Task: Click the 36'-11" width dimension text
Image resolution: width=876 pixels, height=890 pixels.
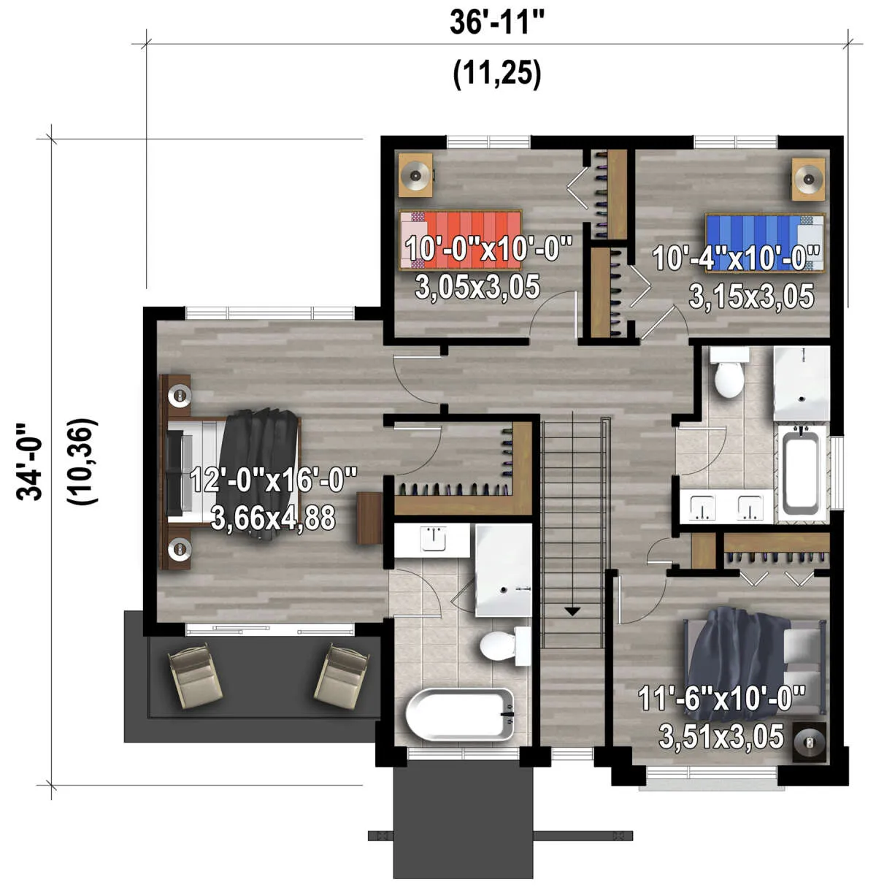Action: click(x=497, y=23)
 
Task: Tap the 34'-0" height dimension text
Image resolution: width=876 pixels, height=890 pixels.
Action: click(x=28, y=462)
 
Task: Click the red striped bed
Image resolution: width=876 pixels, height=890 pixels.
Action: click(x=461, y=240)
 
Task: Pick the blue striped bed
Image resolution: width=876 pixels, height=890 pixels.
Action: click(x=765, y=243)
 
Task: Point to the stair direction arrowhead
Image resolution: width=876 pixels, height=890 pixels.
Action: click(x=572, y=611)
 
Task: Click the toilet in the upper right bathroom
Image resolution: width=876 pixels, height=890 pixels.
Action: click(x=729, y=372)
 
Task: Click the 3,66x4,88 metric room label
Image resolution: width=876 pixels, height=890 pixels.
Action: click(x=273, y=518)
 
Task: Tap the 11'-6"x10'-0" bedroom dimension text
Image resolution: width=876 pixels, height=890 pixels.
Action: click(x=722, y=698)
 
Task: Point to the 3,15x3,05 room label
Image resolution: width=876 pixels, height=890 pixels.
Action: click(x=751, y=296)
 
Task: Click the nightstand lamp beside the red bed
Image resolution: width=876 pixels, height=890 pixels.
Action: click(x=415, y=175)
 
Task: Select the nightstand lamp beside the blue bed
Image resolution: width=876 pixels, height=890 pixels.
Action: click(x=809, y=179)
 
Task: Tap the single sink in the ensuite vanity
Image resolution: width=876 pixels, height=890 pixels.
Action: click(x=434, y=539)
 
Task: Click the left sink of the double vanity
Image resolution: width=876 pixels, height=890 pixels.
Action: click(x=702, y=507)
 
